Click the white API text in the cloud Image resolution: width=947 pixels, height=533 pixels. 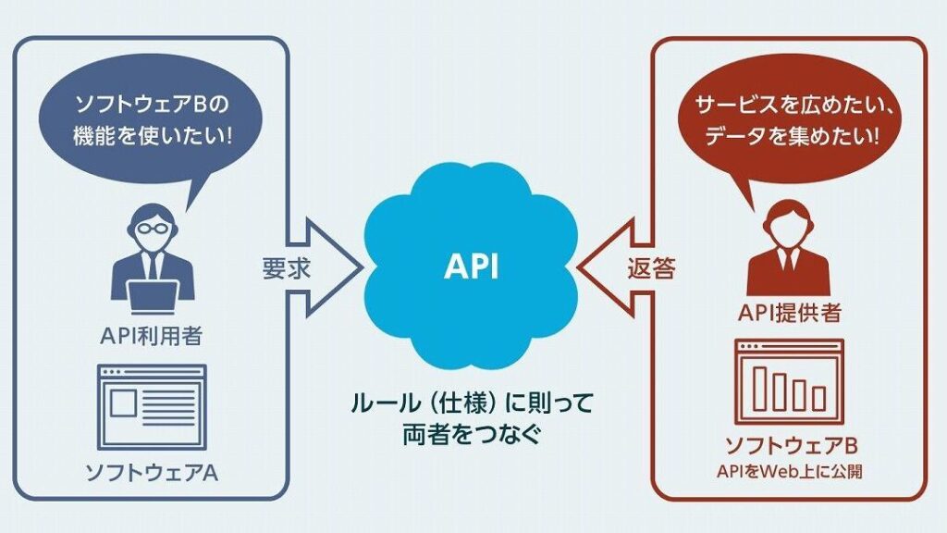click(471, 266)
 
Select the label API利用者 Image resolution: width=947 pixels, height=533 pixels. click(152, 335)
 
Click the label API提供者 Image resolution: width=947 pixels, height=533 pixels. click(789, 315)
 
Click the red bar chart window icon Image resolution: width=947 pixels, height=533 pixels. click(789, 379)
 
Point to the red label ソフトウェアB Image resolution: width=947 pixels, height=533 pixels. click(789, 443)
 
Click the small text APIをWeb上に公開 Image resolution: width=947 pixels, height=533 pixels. click(789, 471)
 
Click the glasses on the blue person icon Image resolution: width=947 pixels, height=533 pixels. click(152, 228)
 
